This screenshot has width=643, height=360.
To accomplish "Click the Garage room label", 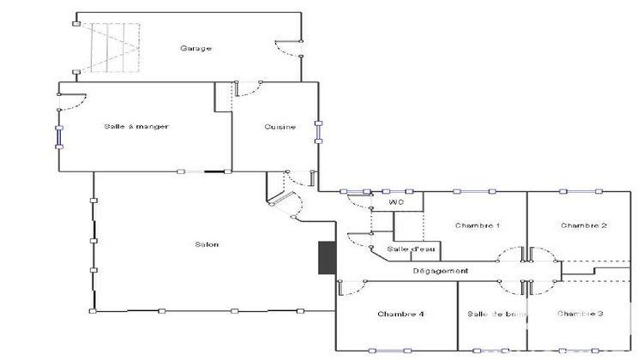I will [195, 48].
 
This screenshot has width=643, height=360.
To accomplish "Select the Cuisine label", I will [279, 127].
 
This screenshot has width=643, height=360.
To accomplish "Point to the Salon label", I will [207, 244].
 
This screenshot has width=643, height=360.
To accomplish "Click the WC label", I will [396, 202].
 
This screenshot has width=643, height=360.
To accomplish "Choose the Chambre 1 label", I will [478, 225].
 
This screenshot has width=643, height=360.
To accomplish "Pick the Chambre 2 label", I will [584, 225].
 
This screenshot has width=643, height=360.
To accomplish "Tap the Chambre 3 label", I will [580, 314].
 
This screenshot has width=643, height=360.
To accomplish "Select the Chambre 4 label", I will [400, 314].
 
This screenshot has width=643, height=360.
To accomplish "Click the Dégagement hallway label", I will [440, 271].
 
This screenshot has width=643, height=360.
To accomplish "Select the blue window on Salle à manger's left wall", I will [59, 136].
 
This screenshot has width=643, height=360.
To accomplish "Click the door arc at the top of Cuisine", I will [249, 89].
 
